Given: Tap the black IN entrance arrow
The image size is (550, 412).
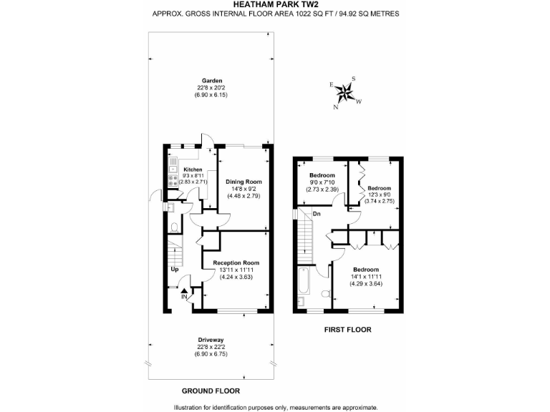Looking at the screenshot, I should coord(184,290).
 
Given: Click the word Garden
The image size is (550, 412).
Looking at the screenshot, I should coord(211,80).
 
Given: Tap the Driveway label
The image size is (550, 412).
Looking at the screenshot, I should coord(211,340).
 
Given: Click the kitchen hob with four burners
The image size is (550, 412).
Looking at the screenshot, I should coord(172,182).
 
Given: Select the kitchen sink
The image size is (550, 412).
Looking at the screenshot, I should coord(172,169).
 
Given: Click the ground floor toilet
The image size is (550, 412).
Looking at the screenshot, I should coord(175,228).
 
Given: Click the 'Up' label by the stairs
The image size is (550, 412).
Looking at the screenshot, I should coord(174,270).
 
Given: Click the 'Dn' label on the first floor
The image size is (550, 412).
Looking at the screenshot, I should coord(317,214).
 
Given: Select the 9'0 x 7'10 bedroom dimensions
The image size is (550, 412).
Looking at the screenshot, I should coord(322,183).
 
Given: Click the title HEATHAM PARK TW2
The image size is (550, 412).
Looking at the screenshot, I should coord(275,5).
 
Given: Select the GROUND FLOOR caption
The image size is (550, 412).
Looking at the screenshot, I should coord(210,391).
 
